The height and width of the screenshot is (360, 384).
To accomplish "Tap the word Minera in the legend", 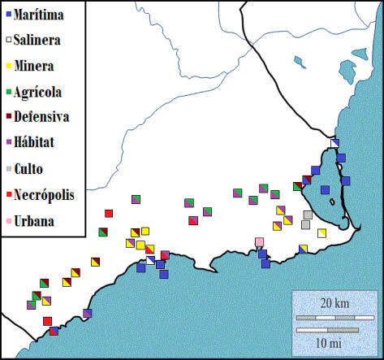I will click(x=36, y=65).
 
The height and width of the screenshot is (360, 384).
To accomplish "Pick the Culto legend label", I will click(x=32, y=169).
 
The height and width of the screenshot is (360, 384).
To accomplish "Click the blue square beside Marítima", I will click(x=8, y=14).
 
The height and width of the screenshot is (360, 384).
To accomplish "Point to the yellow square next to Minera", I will click(x=8, y=66).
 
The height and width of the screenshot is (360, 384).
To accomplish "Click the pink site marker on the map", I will click(x=259, y=241).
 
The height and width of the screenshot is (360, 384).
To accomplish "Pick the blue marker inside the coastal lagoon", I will click(x=326, y=190).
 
